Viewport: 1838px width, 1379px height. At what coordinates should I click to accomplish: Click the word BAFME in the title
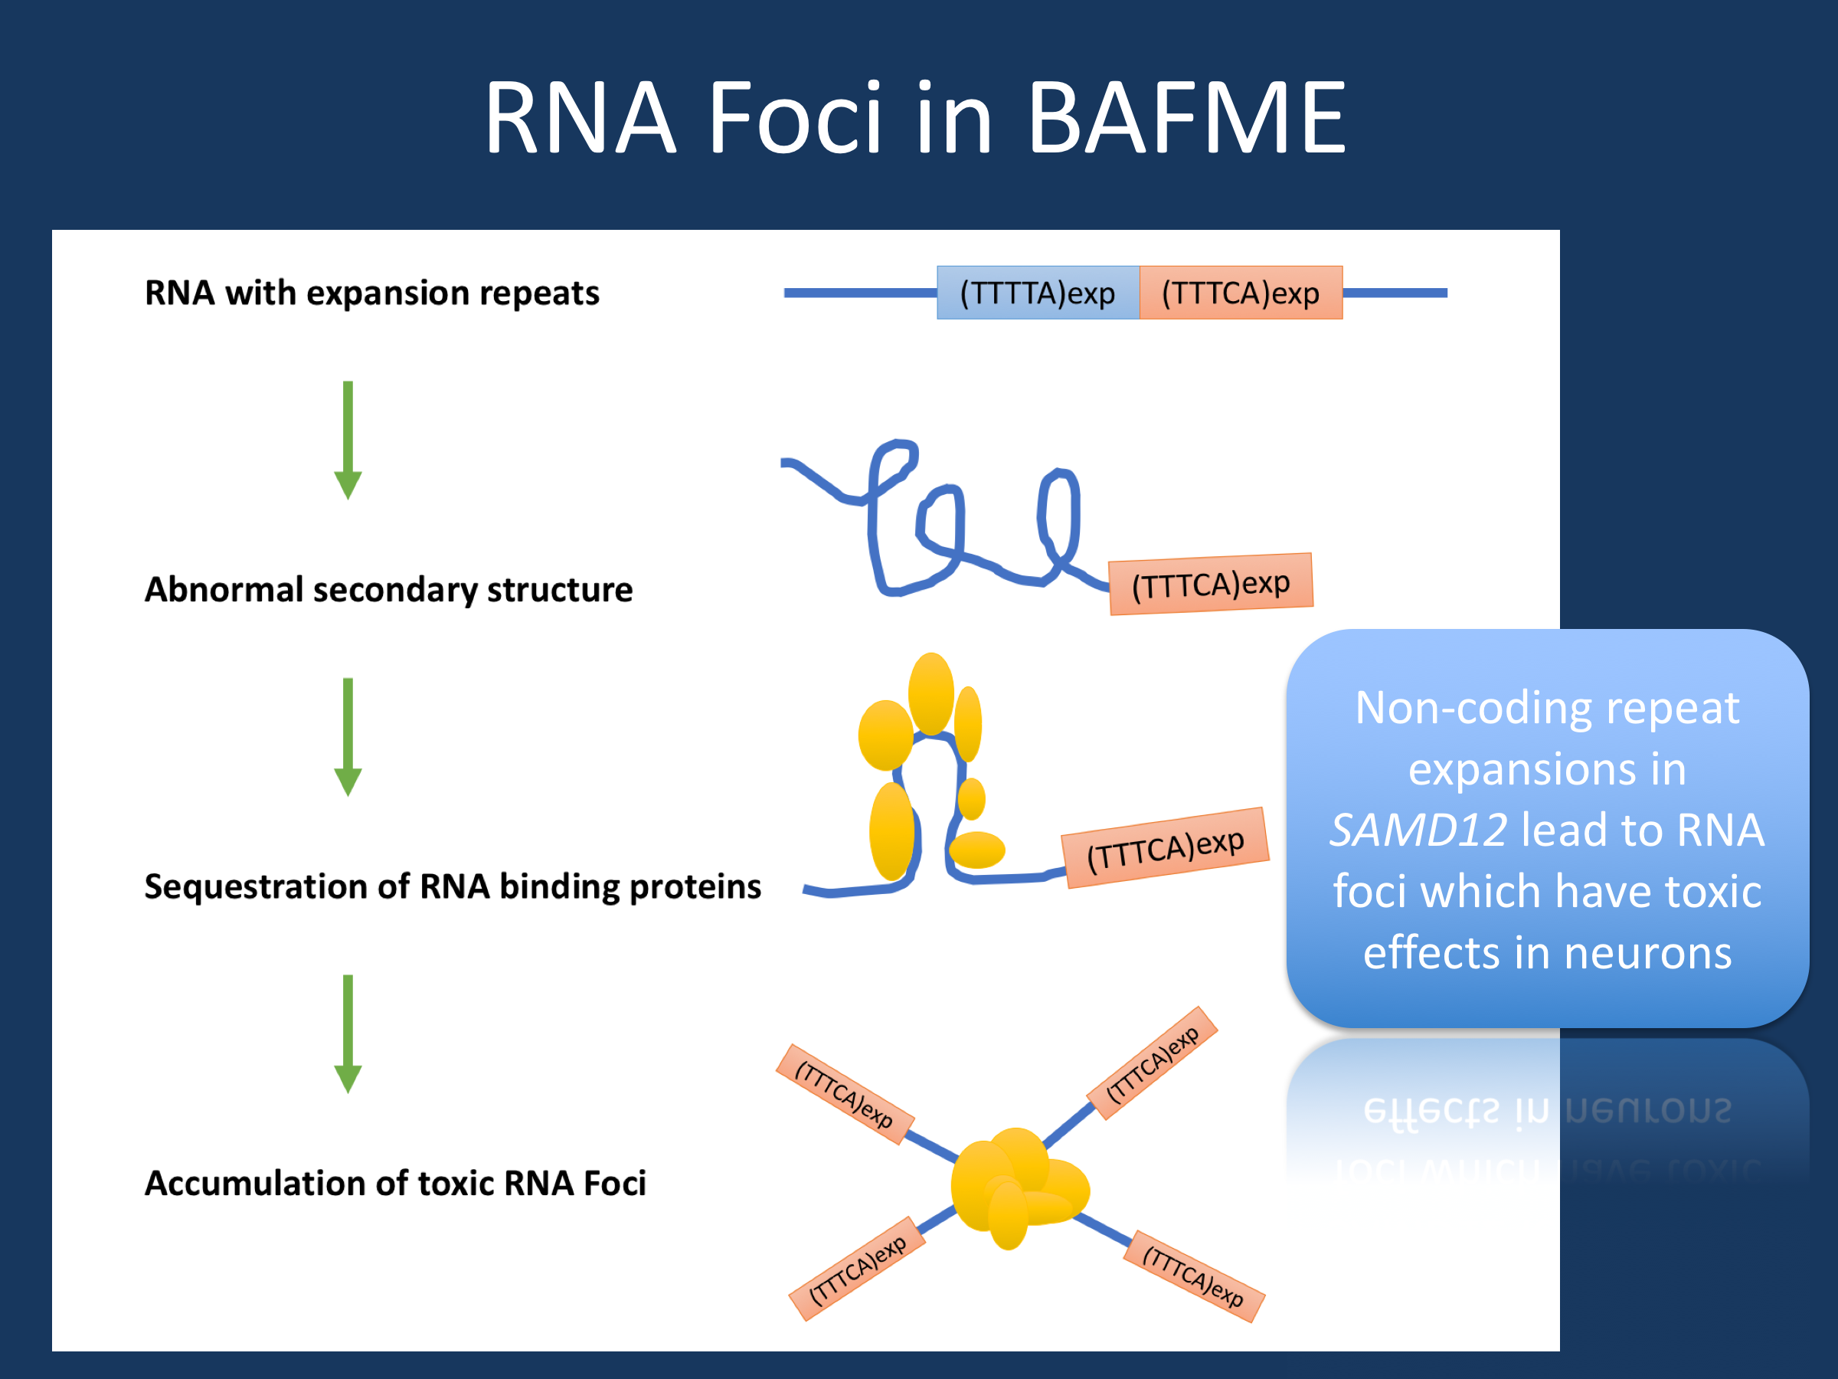pyautogui.click(x=1186, y=118)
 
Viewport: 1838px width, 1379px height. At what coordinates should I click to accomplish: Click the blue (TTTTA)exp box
pyautogui.click(x=1038, y=293)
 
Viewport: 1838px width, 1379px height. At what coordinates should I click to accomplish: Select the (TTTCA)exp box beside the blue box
pyautogui.click(x=1241, y=293)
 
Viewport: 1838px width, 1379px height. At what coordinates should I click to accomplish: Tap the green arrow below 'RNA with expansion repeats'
pyautogui.click(x=348, y=440)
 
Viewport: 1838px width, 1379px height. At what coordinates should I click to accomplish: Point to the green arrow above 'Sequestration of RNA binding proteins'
pyautogui.click(x=348, y=736)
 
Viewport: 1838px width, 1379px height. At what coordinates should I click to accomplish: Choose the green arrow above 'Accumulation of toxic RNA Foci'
pyautogui.click(x=348, y=1033)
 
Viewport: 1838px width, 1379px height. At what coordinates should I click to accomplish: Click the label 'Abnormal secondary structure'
pyautogui.click(x=388, y=589)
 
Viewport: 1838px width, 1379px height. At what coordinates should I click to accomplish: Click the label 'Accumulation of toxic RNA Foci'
pyautogui.click(x=394, y=1183)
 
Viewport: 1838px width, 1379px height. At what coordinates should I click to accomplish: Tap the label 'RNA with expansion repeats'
pyautogui.click(x=371, y=293)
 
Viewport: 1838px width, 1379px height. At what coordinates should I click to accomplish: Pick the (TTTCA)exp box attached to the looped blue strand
pyautogui.click(x=1211, y=585)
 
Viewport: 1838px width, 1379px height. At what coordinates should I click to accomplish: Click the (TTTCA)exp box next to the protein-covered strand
pyautogui.click(x=1165, y=848)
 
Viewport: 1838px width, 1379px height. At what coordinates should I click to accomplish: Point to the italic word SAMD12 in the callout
pyautogui.click(x=1418, y=830)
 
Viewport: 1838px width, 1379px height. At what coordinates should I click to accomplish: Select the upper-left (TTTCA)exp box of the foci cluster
pyautogui.click(x=845, y=1094)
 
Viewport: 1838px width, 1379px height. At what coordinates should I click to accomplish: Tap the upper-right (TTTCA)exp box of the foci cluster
pyautogui.click(x=1153, y=1063)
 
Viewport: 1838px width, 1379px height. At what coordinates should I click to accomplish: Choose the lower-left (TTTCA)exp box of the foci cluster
pyautogui.click(x=857, y=1269)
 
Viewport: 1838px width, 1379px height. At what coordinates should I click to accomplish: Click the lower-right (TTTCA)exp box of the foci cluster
pyautogui.click(x=1193, y=1276)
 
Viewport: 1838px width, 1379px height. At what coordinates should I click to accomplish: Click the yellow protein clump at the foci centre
pyautogui.click(x=1018, y=1184)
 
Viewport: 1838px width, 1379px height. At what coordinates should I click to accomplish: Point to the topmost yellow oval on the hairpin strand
pyautogui.click(x=930, y=693)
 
